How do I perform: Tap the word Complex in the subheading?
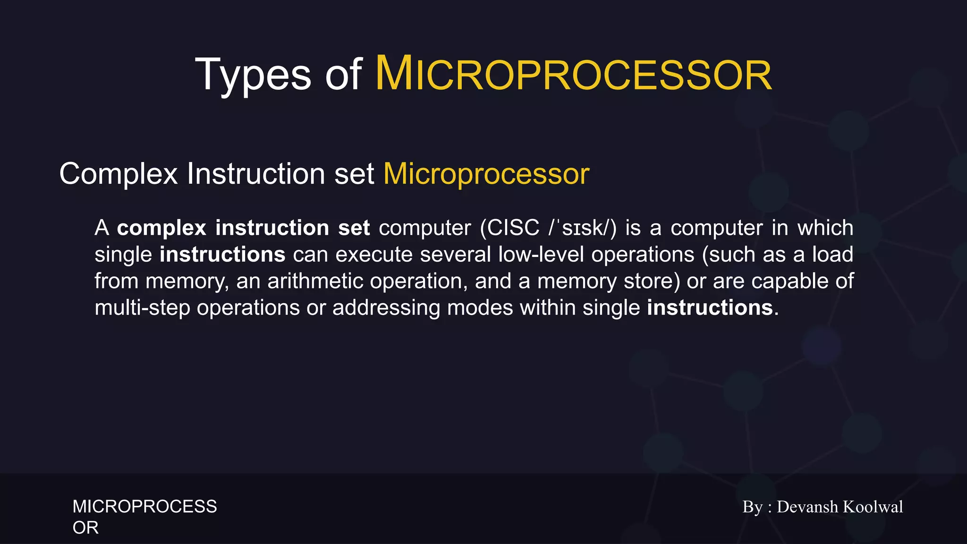tap(118, 174)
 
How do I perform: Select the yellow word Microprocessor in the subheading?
tap(486, 174)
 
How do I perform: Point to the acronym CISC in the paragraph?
tap(513, 228)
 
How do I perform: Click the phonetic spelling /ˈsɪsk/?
tap(582, 229)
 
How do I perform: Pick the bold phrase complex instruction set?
tap(243, 228)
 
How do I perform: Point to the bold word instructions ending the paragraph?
tap(710, 308)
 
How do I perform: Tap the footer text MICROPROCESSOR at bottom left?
tap(144, 507)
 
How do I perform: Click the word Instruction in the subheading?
tap(256, 174)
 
